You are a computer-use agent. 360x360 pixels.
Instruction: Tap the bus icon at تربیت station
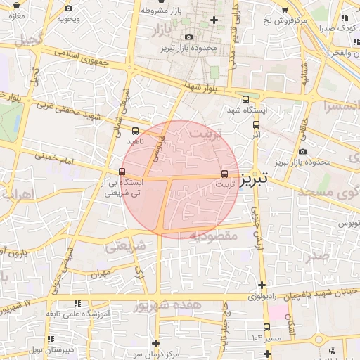225,173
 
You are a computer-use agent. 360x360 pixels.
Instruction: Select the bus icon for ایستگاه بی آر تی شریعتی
122,172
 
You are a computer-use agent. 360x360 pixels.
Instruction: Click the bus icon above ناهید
135,130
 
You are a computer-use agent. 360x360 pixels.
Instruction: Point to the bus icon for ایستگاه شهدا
245,100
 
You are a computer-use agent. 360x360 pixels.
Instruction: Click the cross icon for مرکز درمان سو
156,342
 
